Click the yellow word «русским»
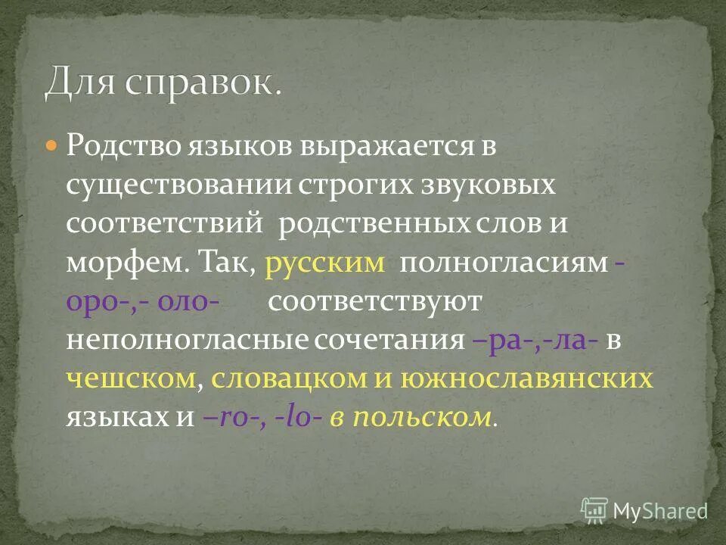click(326, 263)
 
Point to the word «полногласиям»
click(504, 263)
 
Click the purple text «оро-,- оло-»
click(144, 301)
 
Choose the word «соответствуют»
click(374, 301)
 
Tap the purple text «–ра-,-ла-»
click(535, 341)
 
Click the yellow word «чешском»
click(132, 380)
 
